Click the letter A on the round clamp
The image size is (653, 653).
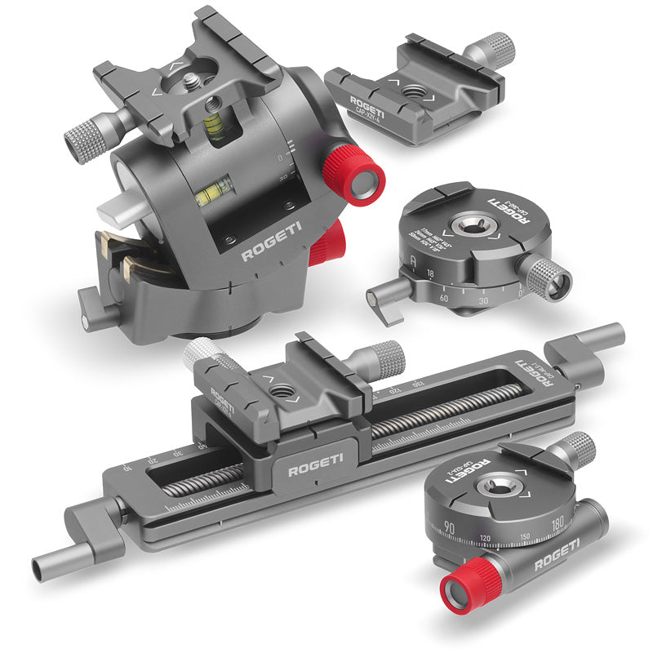click(415, 263)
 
